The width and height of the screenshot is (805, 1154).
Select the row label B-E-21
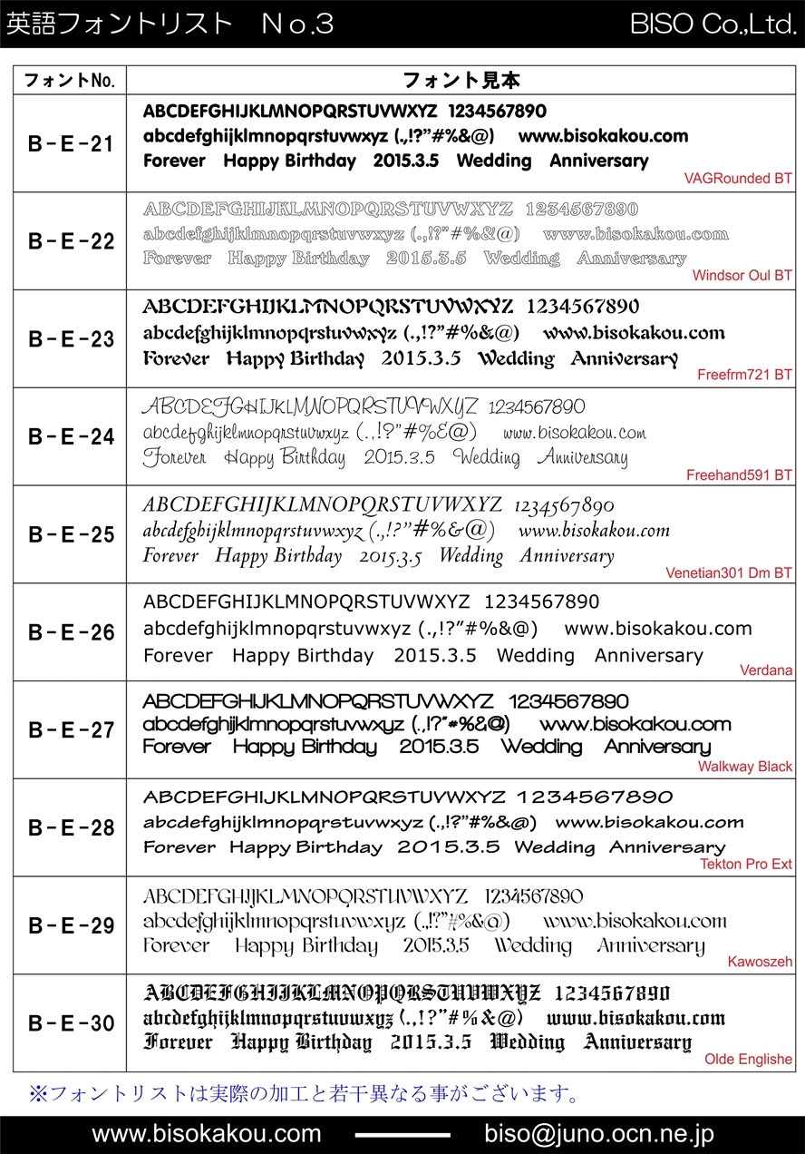click(71, 143)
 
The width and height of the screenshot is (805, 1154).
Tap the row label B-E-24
click(71, 436)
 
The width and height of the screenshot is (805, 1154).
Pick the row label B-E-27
click(71, 729)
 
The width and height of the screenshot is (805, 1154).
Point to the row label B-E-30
click(71, 1023)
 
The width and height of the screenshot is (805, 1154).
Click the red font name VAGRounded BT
click(738, 179)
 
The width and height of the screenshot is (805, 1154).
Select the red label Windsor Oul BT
click(742, 276)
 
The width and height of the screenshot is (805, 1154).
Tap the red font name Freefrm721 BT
click(744, 374)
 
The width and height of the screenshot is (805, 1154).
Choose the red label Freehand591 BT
click(739, 474)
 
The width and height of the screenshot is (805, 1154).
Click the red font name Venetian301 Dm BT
click(729, 573)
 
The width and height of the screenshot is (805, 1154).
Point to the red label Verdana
click(766, 670)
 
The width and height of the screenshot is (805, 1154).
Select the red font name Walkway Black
click(745, 767)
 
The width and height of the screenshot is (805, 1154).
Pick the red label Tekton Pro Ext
click(746, 864)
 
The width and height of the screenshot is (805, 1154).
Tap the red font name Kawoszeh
click(760, 962)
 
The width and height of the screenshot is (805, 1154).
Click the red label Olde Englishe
click(748, 1059)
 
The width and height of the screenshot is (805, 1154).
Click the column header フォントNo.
click(69, 81)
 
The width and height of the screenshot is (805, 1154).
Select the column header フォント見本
click(461, 81)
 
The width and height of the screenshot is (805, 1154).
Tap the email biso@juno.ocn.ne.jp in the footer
click(599, 1134)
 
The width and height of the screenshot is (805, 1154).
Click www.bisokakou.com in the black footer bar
click(207, 1134)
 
